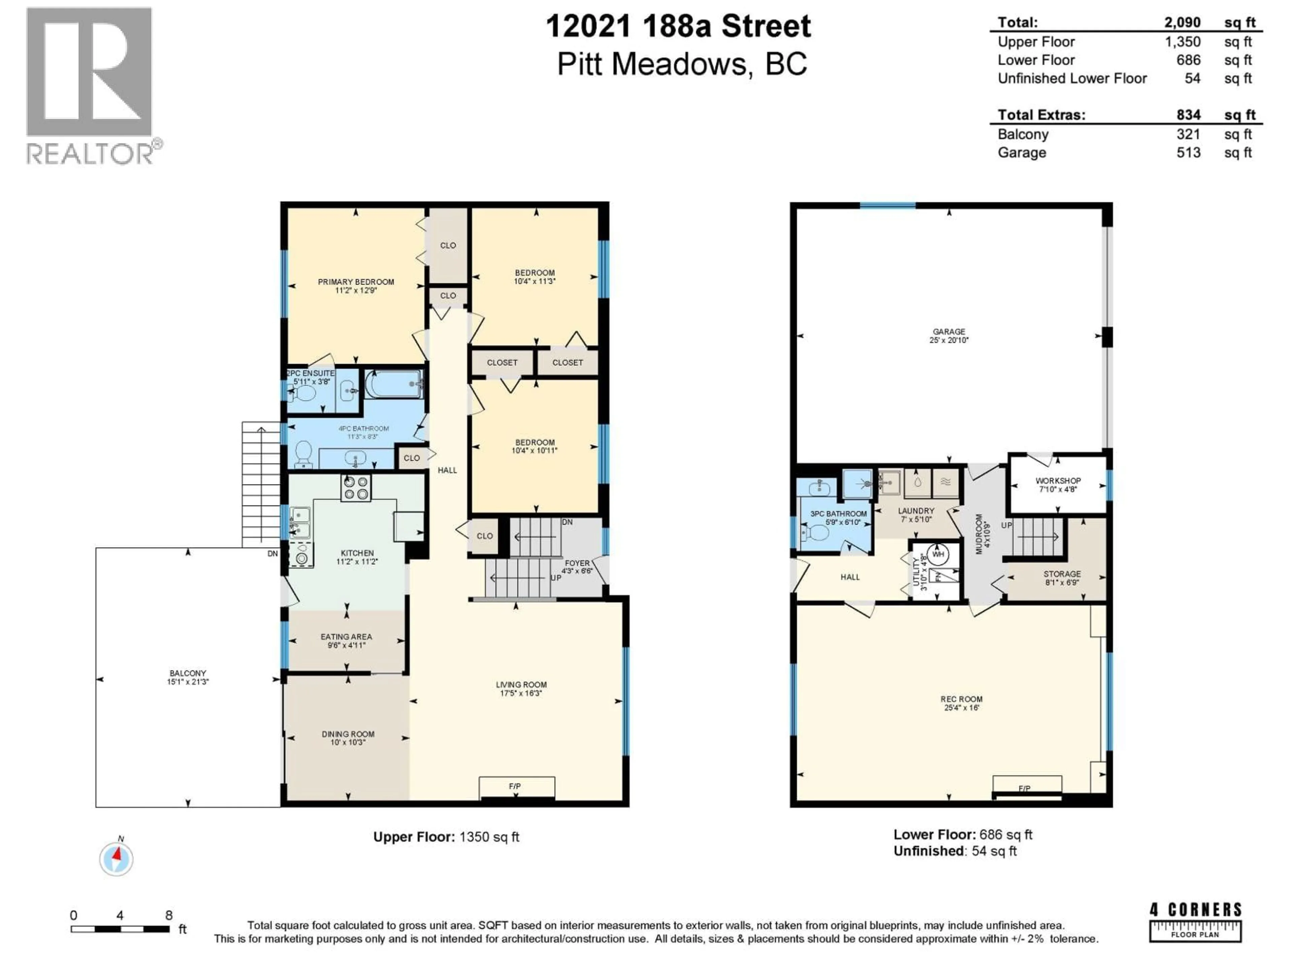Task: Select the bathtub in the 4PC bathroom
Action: (393, 384)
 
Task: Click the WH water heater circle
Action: (938, 554)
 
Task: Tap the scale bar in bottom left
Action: (120, 929)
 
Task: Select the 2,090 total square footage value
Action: (1182, 22)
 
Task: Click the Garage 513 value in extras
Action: (1188, 153)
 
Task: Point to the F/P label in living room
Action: (515, 786)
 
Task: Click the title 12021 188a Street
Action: (678, 26)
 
